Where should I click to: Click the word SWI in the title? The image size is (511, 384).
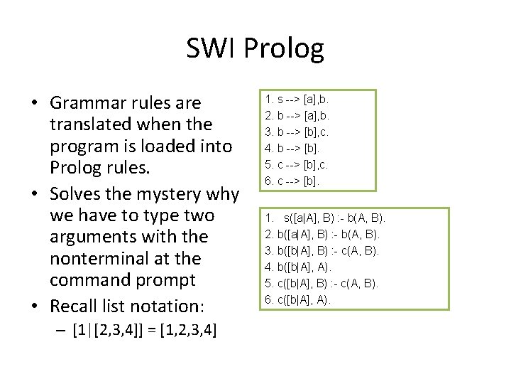[x=210, y=48]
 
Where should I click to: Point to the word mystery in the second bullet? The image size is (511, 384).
[x=167, y=193]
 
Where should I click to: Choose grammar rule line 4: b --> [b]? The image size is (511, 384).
[x=292, y=148]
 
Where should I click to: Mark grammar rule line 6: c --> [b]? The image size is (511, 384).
[x=292, y=181]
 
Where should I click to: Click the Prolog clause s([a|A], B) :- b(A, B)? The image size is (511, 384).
[x=324, y=217]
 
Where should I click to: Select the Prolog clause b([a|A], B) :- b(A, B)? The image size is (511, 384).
[x=323, y=233]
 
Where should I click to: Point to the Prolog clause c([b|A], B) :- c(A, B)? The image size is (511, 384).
[x=323, y=283]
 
